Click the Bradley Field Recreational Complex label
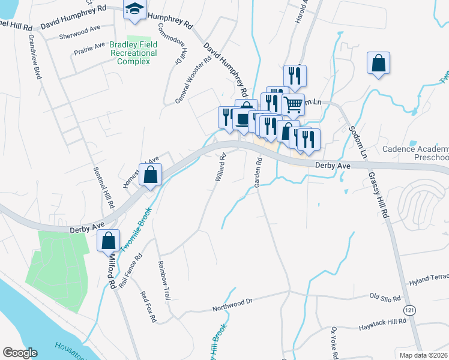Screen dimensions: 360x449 (133, 53)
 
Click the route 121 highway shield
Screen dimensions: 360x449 (409, 310)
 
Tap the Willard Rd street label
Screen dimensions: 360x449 (219, 167)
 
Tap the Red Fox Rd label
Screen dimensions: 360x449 (148, 307)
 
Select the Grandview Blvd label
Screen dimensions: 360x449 (34, 57)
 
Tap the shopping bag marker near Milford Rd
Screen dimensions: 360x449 (108, 241)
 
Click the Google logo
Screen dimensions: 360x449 (20, 352)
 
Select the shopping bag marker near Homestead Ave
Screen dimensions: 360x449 (151, 175)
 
